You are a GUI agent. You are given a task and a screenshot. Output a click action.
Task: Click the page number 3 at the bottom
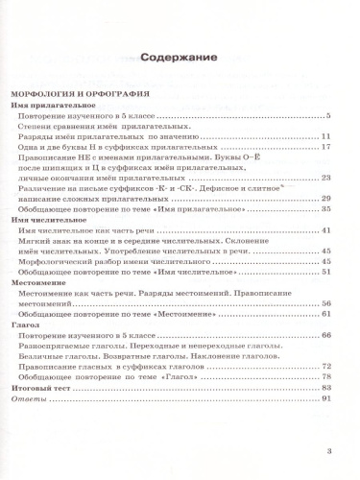pos(329,450)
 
